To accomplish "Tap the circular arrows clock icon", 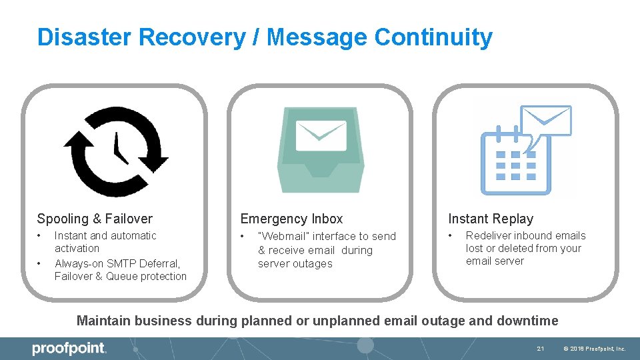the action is click(115, 151).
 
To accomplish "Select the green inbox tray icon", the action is click(321, 150).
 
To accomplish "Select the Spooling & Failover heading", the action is click(95, 219).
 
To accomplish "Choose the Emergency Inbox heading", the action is click(291, 219).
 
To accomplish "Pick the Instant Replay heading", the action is click(491, 219).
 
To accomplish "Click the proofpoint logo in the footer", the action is click(69, 349).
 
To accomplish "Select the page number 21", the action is click(541, 349).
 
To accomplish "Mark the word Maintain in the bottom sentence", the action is click(103, 321).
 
